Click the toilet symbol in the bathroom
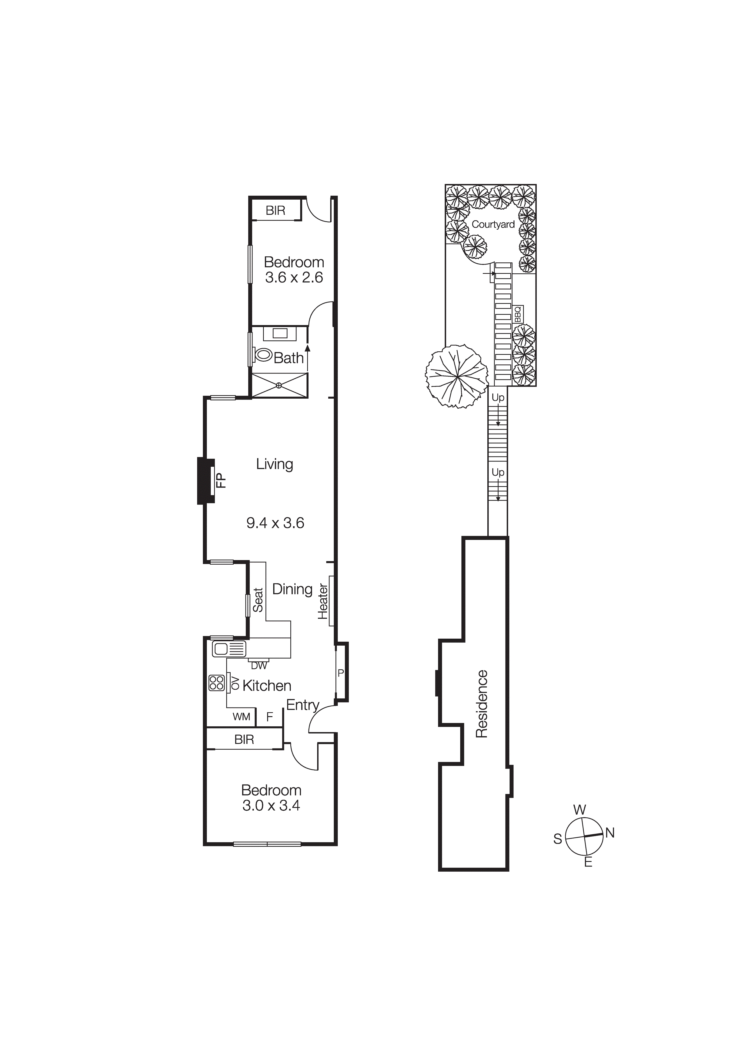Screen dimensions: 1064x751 coord(263,355)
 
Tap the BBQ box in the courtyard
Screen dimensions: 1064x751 coord(518,314)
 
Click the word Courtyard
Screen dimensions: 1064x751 coord(493,224)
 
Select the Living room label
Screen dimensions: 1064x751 coord(275,464)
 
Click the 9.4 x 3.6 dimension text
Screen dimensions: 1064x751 coord(275,523)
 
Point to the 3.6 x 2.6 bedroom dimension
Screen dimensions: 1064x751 coord(294,278)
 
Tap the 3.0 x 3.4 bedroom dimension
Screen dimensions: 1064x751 coord(271,806)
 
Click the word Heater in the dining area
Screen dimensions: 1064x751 coord(323,602)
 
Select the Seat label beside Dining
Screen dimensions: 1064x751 coord(258,600)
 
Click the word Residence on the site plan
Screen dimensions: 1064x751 coord(482,704)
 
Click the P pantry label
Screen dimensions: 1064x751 coord(341,673)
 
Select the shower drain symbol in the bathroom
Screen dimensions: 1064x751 coord(279,385)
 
